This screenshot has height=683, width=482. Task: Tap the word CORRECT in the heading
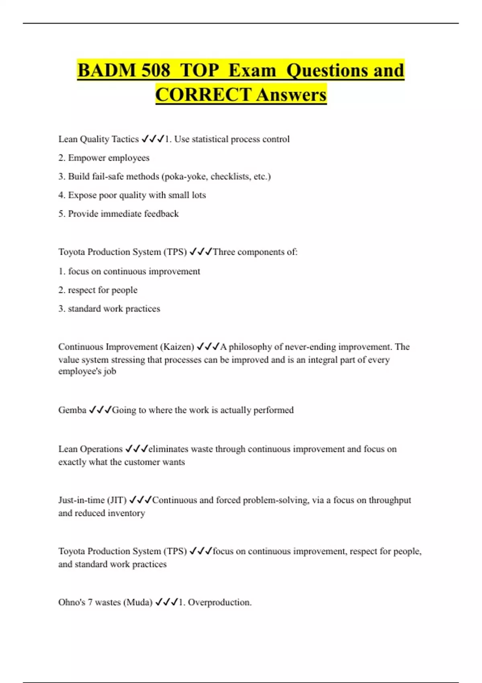pos(203,95)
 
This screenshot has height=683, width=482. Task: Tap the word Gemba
pos(72,410)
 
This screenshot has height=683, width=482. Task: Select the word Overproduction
pos(219,602)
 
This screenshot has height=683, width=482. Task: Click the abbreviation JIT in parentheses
pos(116,500)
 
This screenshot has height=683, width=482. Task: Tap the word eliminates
pos(168,449)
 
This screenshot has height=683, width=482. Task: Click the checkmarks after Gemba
pos(100,410)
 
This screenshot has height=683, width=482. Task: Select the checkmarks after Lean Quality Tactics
pos(153,139)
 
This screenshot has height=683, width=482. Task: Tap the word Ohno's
pos(72,602)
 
